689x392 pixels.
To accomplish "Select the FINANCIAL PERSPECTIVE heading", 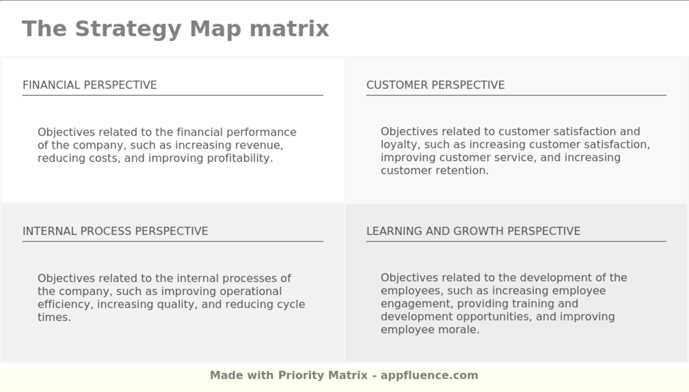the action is click(90, 85).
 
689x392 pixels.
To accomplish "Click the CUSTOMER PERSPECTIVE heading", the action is click(435, 85).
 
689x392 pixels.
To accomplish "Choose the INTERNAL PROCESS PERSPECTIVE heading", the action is click(115, 231).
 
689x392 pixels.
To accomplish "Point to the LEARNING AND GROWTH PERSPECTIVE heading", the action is click(473, 231).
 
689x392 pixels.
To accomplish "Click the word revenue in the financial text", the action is click(258, 146).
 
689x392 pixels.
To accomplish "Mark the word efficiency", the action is click(64, 304).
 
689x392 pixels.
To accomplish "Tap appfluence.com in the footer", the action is click(429, 375).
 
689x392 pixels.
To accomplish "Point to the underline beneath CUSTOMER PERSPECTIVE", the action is click(516, 95).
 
